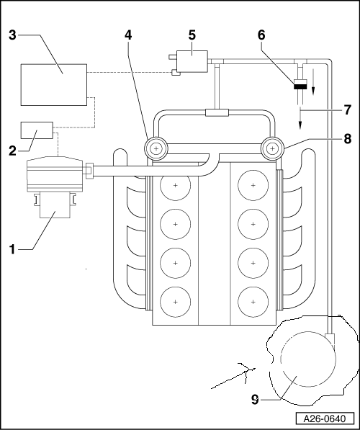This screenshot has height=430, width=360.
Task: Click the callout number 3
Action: (x=12, y=35)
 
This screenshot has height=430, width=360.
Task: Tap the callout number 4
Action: (x=128, y=35)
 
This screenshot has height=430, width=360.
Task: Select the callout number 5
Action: (x=192, y=35)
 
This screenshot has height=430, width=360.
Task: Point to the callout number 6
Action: (x=261, y=35)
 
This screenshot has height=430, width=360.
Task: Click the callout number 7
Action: (x=347, y=110)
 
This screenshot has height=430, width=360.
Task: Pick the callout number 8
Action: (x=347, y=139)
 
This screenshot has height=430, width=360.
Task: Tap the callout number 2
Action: (x=12, y=151)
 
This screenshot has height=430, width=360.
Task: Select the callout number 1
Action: (x=12, y=249)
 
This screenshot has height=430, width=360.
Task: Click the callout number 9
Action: (x=255, y=400)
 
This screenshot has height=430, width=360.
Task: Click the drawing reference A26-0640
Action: (x=325, y=418)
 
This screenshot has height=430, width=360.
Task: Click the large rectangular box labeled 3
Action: (x=54, y=85)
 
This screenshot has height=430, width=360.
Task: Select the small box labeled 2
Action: (x=37, y=130)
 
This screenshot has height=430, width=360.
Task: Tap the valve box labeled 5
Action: (x=192, y=61)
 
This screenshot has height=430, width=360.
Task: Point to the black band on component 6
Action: (x=300, y=86)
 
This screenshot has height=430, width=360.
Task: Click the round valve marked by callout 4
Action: (x=156, y=148)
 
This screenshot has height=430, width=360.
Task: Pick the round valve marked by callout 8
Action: (x=272, y=148)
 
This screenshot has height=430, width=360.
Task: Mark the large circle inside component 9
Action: (x=308, y=359)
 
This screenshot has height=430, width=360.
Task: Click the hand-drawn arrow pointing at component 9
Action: (x=233, y=377)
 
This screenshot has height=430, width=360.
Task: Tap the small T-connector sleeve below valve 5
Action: (x=217, y=112)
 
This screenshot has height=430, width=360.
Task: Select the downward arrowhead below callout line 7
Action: (x=300, y=125)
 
